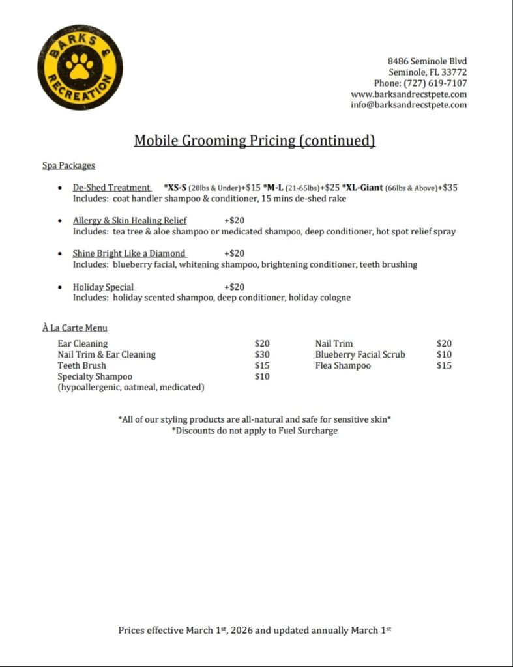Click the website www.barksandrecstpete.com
tap(409, 94)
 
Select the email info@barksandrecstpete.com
tap(409, 104)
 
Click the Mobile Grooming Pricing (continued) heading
tap(254, 141)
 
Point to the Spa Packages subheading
tap(68, 165)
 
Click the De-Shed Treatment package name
tap(111, 188)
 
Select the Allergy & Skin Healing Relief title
tap(130, 220)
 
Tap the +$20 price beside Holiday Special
tap(234, 287)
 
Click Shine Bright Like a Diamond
tap(129, 253)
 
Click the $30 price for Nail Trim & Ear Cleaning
tap(262, 354)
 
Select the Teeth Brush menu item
tap(81, 365)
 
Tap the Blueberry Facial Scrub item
tap(360, 354)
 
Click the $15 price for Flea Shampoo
tap(444, 365)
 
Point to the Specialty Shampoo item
tap(95, 376)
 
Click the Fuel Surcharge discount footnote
tap(254, 431)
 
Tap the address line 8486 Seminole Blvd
tap(427, 61)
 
